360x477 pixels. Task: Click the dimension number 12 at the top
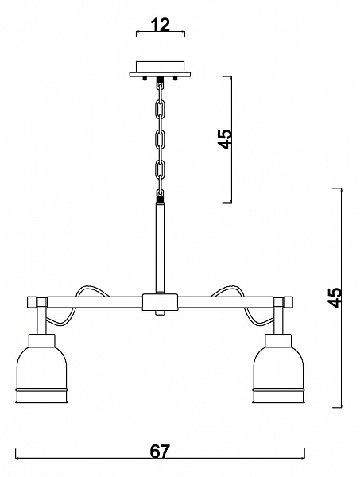pos(161,25)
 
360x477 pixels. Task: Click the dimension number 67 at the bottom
pos(160,452)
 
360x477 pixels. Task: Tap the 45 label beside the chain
pos(226,139)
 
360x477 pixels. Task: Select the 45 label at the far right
pos(335,297)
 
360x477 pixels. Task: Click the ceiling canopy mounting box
pos(160,69)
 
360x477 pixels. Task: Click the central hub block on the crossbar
pos(160,302)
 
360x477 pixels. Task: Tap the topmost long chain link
pos(160,111)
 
